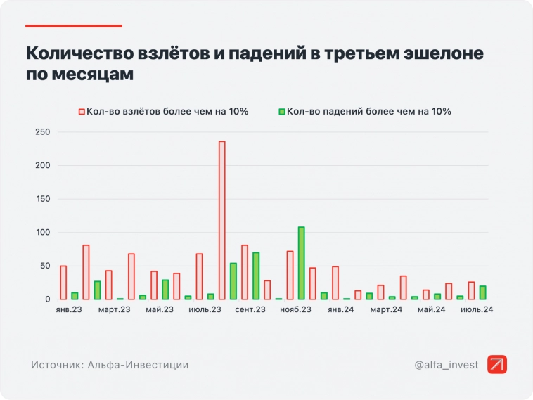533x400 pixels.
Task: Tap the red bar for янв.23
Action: point(63,283)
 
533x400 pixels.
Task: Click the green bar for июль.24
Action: point(482,292)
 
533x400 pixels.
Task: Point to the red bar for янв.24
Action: point(335,283)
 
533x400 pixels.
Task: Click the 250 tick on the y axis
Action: point(42,132)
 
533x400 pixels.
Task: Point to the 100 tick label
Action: point(42,233)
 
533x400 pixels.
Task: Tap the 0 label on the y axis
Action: point(48,299)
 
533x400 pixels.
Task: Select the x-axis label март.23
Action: point(115,310)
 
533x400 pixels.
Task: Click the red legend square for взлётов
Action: point(82,111)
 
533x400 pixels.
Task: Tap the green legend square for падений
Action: point(282,111)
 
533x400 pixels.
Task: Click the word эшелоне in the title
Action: point(439,53)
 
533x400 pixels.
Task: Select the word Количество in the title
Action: point(77,53)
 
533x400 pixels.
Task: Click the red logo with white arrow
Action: point(496,364)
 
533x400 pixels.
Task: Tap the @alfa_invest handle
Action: point(446,365)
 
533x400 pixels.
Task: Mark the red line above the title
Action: point(74,26)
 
